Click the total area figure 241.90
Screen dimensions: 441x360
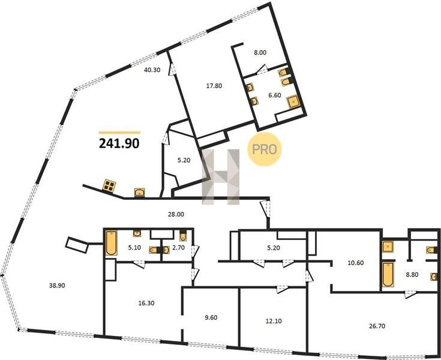119,144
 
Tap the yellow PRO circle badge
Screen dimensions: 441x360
265,149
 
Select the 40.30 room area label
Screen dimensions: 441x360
152,70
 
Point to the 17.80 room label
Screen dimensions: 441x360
214,86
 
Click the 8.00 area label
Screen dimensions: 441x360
260,53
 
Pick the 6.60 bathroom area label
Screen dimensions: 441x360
275,95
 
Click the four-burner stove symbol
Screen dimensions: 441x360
109,185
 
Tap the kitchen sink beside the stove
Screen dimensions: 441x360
139,192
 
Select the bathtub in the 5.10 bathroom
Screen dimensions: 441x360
112,243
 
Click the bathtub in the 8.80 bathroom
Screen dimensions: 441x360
388,275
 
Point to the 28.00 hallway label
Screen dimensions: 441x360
176,214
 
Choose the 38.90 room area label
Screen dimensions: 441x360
57,286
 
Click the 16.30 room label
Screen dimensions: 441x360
146,304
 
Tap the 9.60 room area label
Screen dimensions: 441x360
211,318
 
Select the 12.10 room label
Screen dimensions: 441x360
274,321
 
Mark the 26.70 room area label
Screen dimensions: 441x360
377,326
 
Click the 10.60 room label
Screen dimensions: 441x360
355,263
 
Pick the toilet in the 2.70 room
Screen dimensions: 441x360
183,235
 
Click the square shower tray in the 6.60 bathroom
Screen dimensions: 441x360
293,102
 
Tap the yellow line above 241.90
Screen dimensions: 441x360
119,133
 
